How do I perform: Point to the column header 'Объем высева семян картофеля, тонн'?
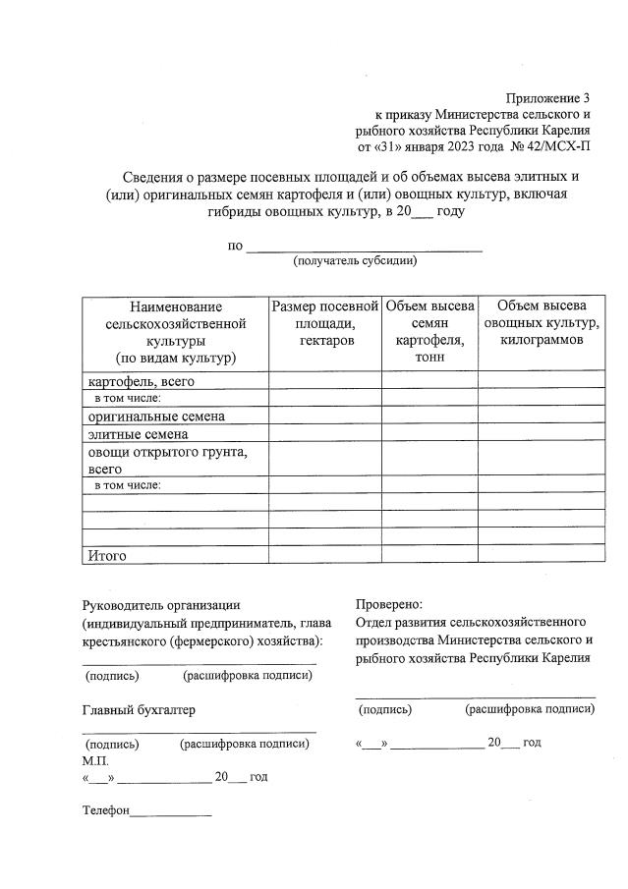(x=429, y=331)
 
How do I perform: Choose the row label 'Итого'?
(x=107, y=555)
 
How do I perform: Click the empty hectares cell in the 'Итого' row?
(x=324, y=555)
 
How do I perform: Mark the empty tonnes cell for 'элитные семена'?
(x=429, y=433)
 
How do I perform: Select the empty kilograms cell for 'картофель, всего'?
(x=542, y=380)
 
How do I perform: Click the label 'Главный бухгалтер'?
(x=138, y=709)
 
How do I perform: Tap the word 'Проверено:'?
(x=388, y=604)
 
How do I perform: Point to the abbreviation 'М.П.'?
(x=95, y=761)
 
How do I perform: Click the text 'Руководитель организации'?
(x=161, y=604)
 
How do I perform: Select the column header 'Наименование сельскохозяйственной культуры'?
(x=174, y=331)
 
